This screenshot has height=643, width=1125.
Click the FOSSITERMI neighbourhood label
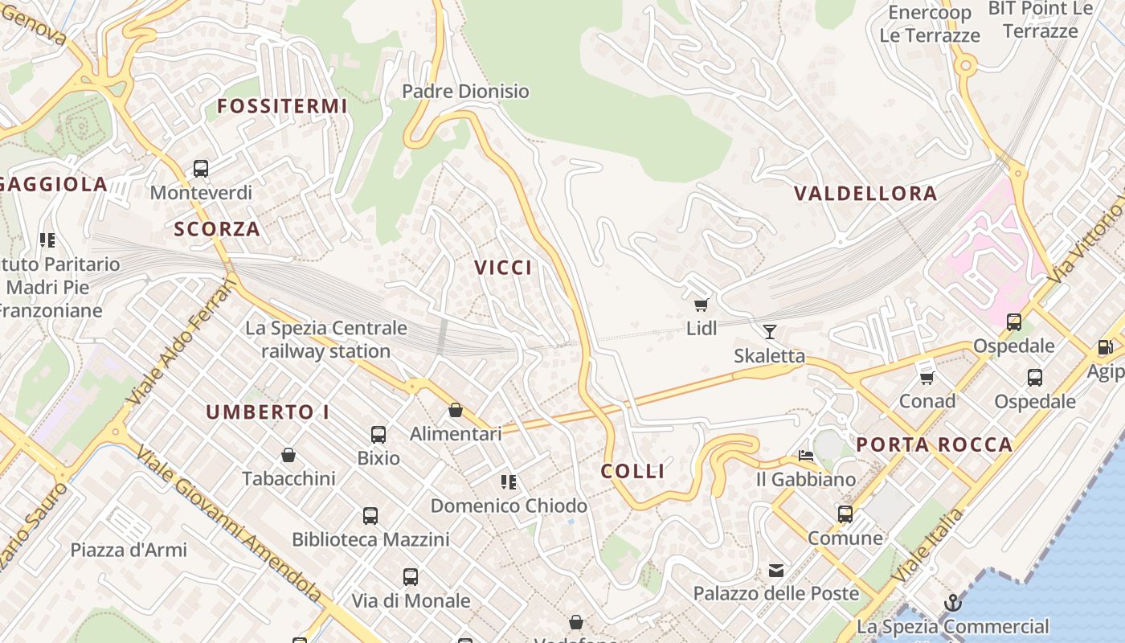click(282, 105)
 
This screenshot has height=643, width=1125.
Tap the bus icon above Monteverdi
click(201, 169)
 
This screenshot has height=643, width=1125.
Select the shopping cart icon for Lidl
click(702, 304)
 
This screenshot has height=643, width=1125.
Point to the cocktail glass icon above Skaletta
click(770, 331)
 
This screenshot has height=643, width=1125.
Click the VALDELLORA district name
click(865, 193)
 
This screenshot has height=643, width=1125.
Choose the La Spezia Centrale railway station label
click(326, 339)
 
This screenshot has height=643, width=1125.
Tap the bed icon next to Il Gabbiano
click(806, 456)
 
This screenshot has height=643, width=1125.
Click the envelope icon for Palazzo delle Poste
click(776, 570)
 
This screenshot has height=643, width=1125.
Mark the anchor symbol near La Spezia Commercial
click(952, 603)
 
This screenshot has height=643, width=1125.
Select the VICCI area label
click(503, 268)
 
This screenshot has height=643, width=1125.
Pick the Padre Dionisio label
click(465, 91)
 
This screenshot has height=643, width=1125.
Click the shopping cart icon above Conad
click(927, 377)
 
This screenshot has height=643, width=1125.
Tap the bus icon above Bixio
click(378, 435)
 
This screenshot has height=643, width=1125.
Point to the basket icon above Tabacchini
click(288, 455)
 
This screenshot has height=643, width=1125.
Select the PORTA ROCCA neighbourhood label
click(934, 444)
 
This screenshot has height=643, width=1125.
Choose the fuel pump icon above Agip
click(1106, 348)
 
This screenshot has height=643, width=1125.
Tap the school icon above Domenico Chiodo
click(508, 482)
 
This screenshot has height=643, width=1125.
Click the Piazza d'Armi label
click(129, 550)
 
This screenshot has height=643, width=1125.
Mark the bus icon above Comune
click(845, 514)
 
